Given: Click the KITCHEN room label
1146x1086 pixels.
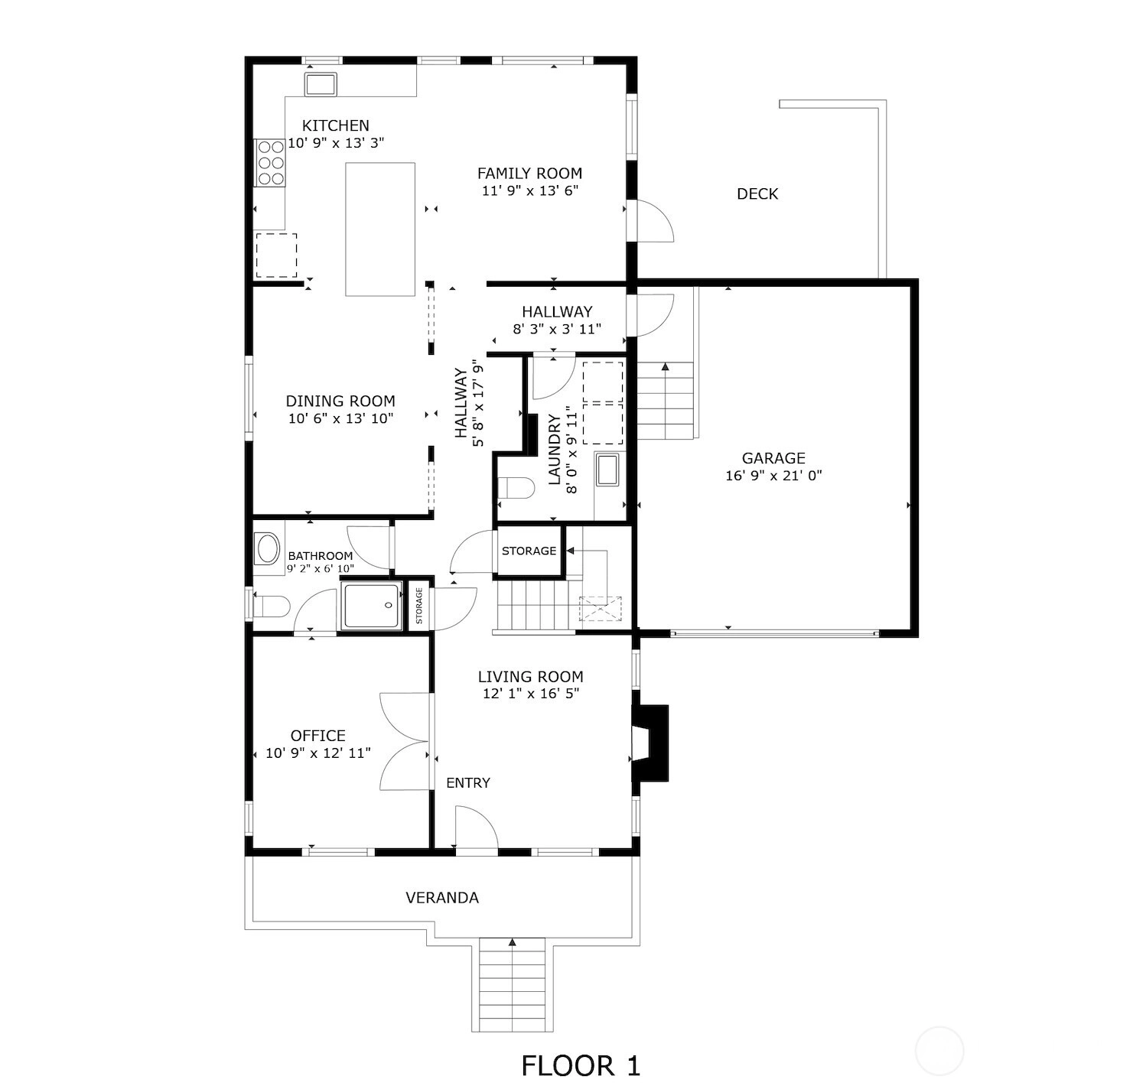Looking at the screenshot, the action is [335, 125].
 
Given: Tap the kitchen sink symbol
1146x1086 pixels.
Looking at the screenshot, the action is [320, 84].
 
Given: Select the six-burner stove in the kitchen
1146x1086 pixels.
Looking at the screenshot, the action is [269, 163].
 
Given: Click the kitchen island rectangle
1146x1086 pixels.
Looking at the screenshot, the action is [380, 229].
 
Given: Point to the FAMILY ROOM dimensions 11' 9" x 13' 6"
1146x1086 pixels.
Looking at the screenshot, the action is [530, 190].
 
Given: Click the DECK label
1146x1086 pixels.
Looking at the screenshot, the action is [757, 194].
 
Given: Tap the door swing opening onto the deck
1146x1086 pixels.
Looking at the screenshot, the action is [656, 220].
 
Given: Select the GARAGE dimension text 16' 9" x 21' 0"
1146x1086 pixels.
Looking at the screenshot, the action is [773, 476].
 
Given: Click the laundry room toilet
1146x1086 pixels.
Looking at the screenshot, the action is [516, 488].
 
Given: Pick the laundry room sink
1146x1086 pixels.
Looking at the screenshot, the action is [607, 470].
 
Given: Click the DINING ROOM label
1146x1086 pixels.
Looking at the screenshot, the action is [340, 401].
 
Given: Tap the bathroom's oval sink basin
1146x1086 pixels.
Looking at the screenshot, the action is [268, 549].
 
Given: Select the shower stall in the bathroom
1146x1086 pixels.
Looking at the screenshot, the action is [372, 605].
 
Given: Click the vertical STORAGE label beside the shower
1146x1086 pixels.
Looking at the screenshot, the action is [419, 605].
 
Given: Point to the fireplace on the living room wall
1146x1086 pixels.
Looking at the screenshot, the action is [651, 744].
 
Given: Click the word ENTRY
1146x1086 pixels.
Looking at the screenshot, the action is [468, 783].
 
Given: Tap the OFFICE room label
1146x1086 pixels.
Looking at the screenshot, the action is [317, 736].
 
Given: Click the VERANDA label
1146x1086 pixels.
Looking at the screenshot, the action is [442, 898].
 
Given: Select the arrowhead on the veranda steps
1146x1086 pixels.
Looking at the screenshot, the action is [513, 941].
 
